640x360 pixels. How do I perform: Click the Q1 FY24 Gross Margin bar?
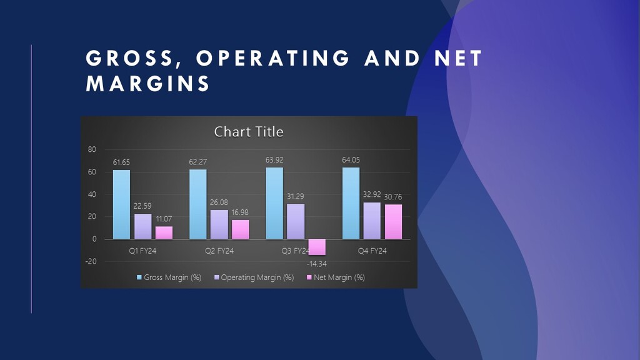[x=122, y=204]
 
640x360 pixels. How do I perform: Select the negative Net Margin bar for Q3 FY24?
[x=317, y=247]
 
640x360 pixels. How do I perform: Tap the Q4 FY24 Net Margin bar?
[x=394, y=222]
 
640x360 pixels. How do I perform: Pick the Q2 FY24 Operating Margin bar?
[x=219, y=224]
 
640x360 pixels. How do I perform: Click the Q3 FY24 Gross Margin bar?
[x=274, y=203]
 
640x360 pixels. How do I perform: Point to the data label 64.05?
[x=351, y=160]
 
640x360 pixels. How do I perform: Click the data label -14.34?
[x=317, y=264]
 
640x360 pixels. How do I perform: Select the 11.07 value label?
[x=164, y=219]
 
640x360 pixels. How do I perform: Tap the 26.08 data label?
[x=219, y=202]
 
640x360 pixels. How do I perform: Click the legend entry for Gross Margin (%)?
[x=169, y=277]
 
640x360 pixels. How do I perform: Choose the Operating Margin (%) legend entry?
[x=254, y=277]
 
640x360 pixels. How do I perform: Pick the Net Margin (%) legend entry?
[x=336, y=277]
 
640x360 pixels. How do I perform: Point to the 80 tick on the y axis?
[x=92, y=150]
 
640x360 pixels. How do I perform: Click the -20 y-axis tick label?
[x=91, y=262]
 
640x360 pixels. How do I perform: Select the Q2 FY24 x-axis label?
[x=219, y=251]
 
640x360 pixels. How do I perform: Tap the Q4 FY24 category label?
[x=372, y=251]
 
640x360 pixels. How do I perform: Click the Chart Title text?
[x=249, y=132]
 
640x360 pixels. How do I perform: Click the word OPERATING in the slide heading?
[x=273, y=58]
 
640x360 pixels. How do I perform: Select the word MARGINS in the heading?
[x=147, y=84]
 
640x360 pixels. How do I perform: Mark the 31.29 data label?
[x=296, y=197]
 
